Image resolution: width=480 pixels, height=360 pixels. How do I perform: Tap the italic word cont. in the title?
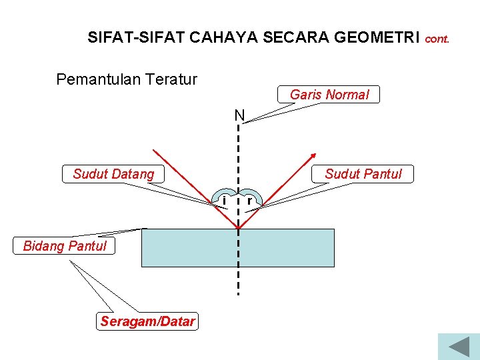tap(437, 39)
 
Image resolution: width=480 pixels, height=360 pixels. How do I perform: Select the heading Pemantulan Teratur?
tap(127, 80)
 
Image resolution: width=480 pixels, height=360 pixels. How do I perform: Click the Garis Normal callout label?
tap(329, 95)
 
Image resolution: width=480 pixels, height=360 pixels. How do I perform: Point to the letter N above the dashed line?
tap(239, 116)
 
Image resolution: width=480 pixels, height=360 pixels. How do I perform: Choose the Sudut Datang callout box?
tap(113, 174)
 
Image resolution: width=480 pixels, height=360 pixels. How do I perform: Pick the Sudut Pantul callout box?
tap(363, 174)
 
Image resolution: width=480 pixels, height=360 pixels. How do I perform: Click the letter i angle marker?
tap(225, 200)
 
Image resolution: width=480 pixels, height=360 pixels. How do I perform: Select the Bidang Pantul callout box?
tap(65, 246)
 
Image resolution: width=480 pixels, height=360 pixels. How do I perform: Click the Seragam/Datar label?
tap(147, 322)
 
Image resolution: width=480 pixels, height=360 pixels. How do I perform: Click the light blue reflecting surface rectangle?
tap(287, 248)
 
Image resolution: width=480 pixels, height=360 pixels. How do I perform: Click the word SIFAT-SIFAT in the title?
tap(135, 38)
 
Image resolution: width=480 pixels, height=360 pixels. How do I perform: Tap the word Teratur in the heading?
tap(173, 80)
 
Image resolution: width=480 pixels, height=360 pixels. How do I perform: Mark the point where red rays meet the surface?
tap(238, 229)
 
